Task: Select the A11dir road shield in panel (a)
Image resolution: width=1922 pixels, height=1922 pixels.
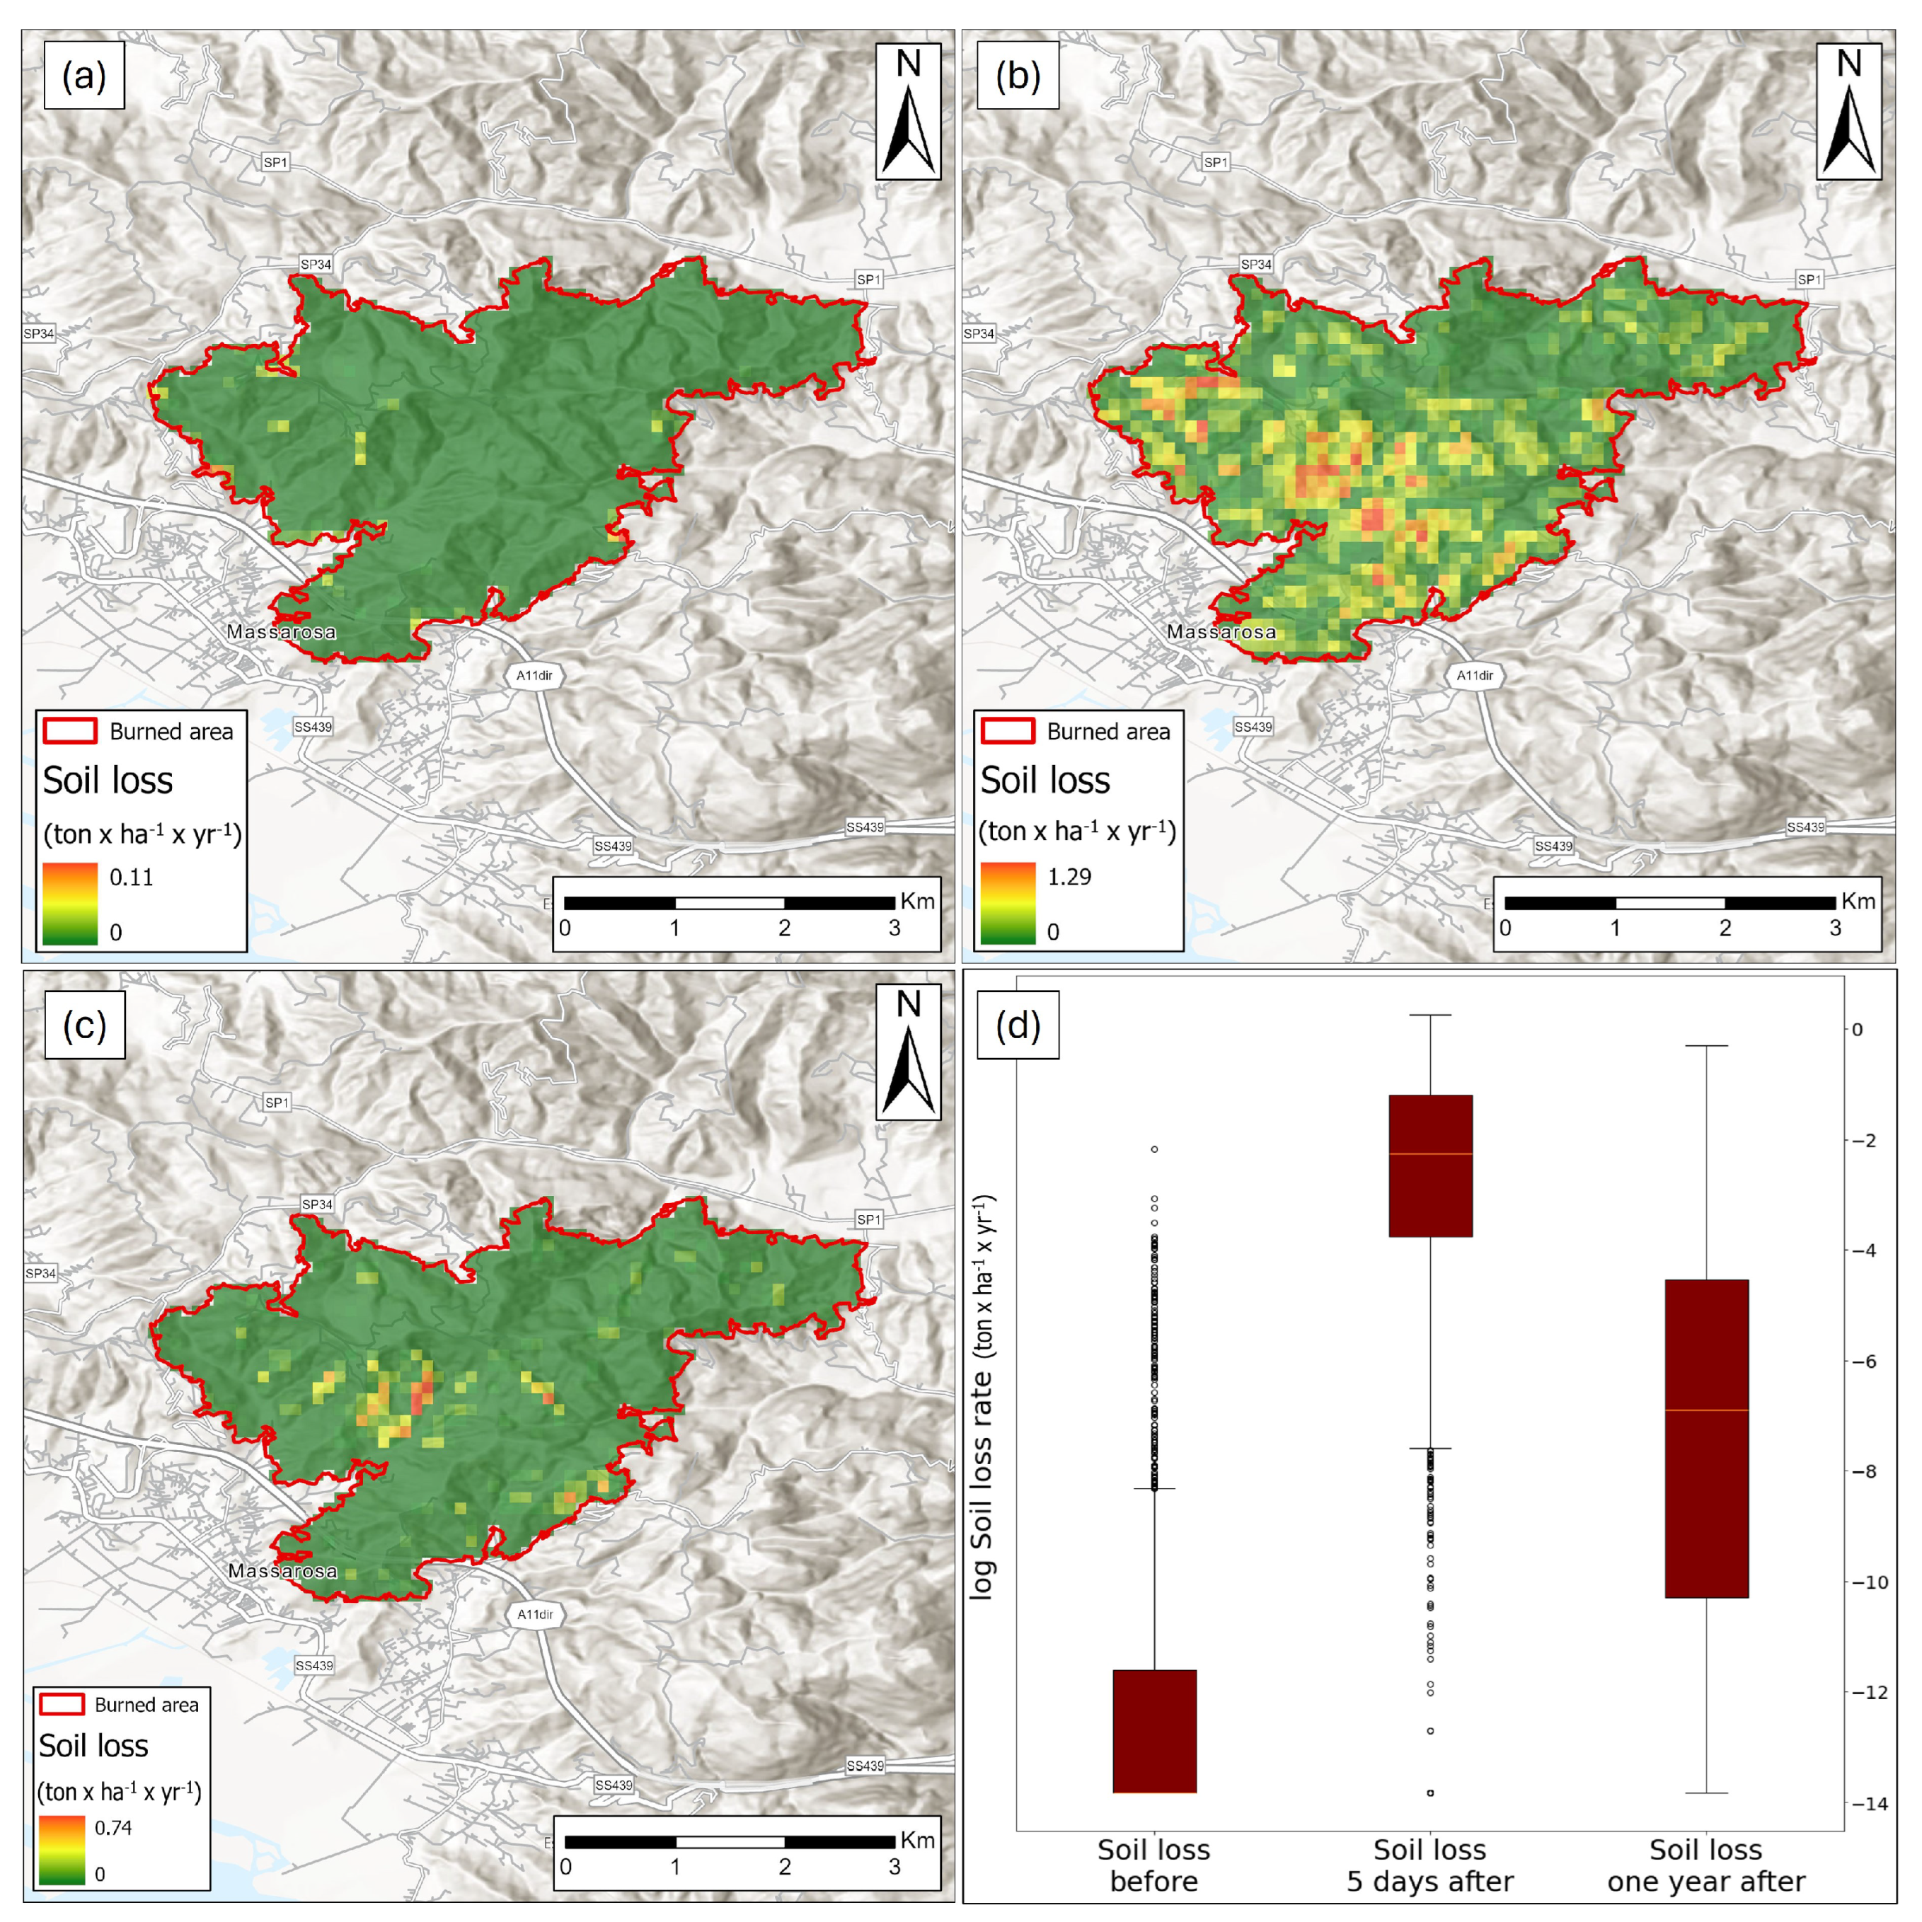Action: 534,676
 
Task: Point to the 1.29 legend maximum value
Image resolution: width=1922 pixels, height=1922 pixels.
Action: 1069,877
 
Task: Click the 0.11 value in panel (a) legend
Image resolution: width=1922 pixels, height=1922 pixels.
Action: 132,877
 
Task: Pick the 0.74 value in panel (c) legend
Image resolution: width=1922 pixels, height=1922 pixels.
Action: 113,1826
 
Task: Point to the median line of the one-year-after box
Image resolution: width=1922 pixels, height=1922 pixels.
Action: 1706,1410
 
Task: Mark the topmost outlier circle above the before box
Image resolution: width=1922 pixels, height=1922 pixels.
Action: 1154,1149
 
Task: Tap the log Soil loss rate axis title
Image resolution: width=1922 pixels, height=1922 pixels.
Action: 983,1398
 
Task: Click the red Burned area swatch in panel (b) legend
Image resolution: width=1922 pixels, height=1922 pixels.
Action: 1007,731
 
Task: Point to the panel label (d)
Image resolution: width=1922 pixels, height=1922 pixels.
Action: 1018,1025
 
